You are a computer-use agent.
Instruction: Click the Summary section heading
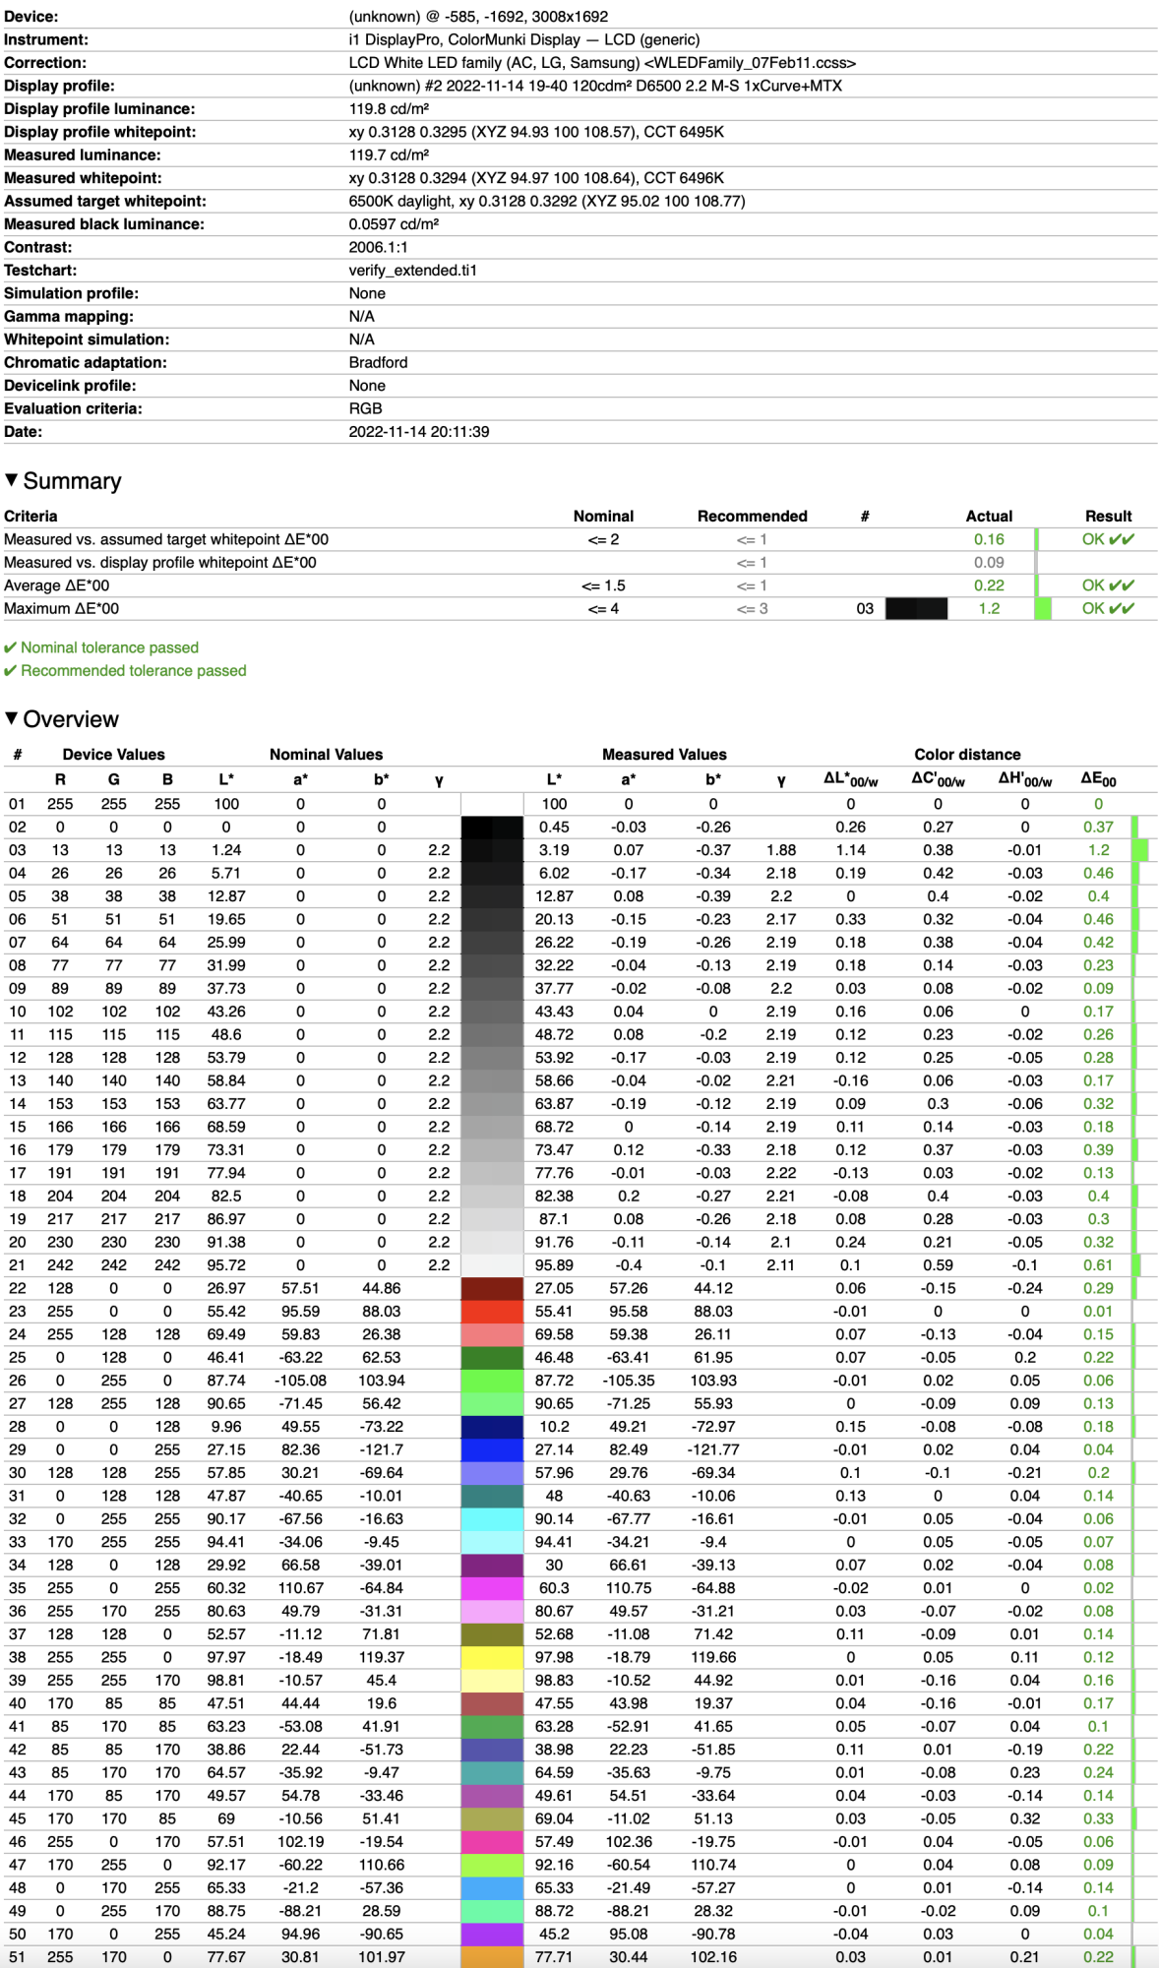click(x=72, y=481)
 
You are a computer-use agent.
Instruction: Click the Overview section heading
click(x=71, y=719)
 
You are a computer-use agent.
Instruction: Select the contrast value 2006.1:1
click(x=378, y=247)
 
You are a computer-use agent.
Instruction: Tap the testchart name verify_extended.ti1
click(x=412, y=271)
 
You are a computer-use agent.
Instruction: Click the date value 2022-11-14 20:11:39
click(x=418, y=432)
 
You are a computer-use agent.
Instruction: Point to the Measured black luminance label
click(x=104, y=224)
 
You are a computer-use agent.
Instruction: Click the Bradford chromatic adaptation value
click(x=378, y=362)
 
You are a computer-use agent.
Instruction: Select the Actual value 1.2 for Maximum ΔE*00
click(x=989, y=609)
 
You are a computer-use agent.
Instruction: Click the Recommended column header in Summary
click(x=752, y=517)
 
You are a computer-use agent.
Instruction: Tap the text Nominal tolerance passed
click(x=109, y=647)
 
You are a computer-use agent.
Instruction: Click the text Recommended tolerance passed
click(x=133, y=671)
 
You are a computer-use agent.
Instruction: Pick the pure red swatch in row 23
click(x=492, y=1312)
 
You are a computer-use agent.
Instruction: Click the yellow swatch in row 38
click(x=492, y=1657)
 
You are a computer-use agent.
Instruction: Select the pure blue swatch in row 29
click(x=492, y=1449)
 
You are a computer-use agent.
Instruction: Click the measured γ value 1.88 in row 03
click(x=780, y=850)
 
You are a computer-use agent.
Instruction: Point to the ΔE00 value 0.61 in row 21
click(x=1098, y=1265)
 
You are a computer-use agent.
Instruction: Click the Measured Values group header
click(x=664, y=755)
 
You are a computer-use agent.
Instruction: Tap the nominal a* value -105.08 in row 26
click(x=300, y=1381)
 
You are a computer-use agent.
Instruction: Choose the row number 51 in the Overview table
click(x=18, y=1957)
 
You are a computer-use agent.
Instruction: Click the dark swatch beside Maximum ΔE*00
click(x=916, y=609)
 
